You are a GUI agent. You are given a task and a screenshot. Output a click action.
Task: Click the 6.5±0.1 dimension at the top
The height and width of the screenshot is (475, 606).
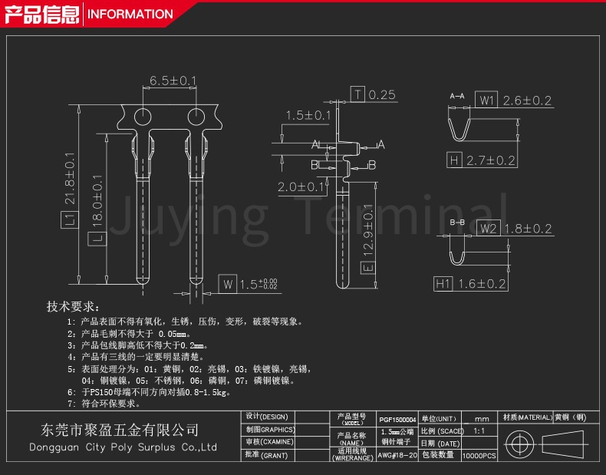(x=173, y=81)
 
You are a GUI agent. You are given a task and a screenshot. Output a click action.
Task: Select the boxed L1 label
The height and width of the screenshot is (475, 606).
(x=68, y=220)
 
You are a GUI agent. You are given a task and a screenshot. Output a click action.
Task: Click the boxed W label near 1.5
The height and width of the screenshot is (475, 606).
(x=227, y=284)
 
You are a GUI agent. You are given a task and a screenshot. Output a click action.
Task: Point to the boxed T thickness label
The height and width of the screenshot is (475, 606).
(x=358, y=94)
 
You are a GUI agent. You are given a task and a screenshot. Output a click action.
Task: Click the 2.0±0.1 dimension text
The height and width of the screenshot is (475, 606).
(x=303, y=187)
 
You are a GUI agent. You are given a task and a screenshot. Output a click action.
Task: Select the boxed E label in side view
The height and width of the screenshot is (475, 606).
(x=367, y=266)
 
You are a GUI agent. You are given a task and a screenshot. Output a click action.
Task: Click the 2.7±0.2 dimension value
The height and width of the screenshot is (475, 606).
(x=491, y=160)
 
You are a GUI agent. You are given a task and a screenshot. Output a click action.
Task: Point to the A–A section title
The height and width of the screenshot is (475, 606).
(x=457, y=96)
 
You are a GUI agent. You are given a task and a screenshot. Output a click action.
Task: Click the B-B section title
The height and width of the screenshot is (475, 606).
(x=457, y=222)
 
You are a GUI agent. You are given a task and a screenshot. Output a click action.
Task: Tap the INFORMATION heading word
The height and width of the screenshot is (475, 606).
(x=130, y=14)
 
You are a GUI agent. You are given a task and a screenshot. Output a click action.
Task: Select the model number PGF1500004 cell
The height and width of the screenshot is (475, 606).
(x=397, y=420)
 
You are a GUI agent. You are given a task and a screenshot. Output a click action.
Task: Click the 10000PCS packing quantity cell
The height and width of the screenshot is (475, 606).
(x=479, y=455)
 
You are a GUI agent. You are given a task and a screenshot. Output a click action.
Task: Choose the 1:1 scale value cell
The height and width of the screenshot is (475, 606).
(x=479, y=431)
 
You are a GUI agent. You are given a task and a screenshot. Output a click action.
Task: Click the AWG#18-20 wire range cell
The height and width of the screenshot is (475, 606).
(x=397, y=455)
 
